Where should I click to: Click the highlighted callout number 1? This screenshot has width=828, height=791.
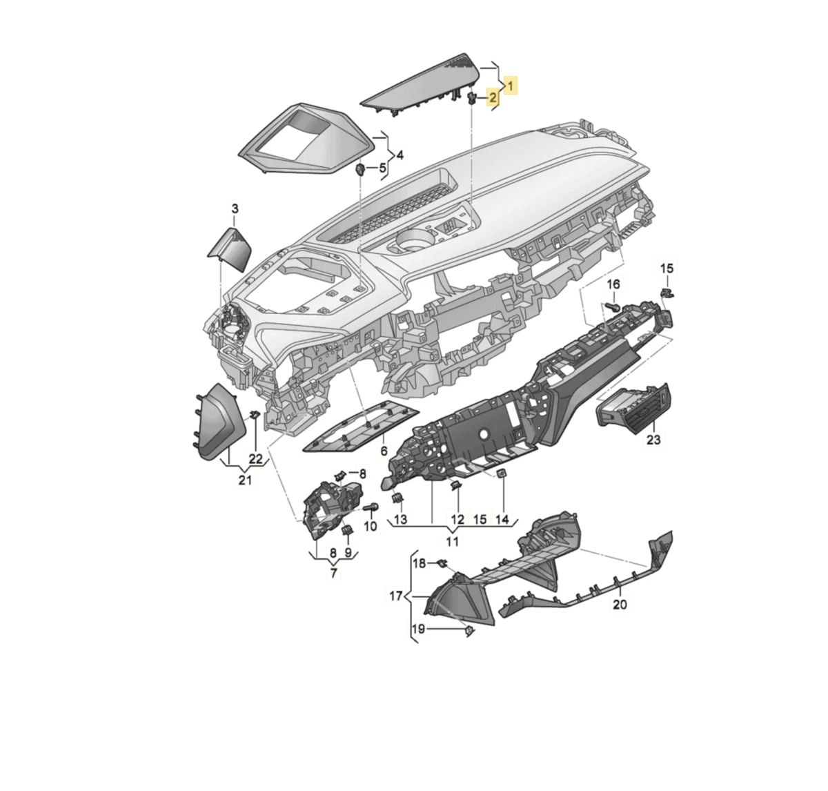(x=510, y=86)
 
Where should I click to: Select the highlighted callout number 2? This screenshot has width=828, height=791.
(x=493, y=97)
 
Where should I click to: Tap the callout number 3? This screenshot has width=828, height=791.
(x=235, y=209)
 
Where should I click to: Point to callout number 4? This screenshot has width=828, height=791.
(x=400, y=155)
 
